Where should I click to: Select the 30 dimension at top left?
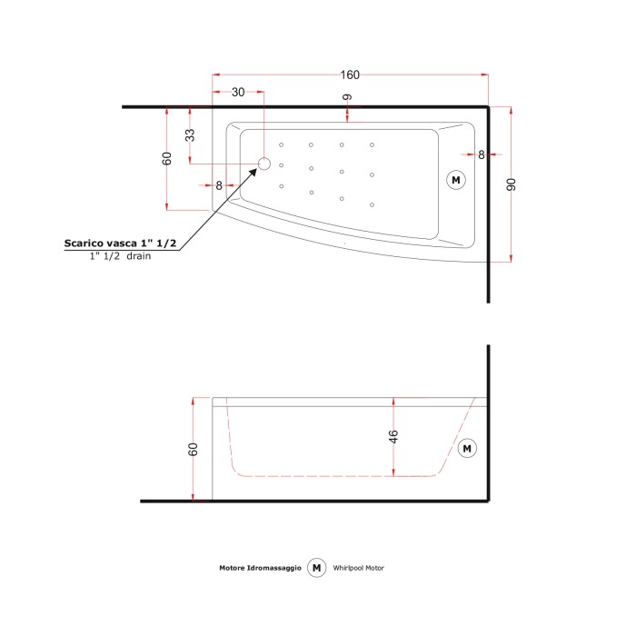[238, 93]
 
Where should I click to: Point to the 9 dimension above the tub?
[348, 97]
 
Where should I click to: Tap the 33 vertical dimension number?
[190, 135]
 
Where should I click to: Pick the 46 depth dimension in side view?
[393, 437]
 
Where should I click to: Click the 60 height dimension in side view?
[193, 449]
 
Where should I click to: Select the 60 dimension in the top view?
[167, 158]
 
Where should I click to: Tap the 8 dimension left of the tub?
[219, 185]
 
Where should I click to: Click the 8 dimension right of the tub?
[482, 154]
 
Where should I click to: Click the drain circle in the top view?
[264, 164]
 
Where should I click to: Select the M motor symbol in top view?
[456, 180]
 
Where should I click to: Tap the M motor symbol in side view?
[467, 448]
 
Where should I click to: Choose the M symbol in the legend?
[317, 567]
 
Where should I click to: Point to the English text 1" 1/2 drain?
[120, 257]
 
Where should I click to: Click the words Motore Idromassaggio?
[260, 568]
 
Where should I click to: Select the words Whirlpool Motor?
[359, 568]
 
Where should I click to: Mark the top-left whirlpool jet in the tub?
[283, 144]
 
